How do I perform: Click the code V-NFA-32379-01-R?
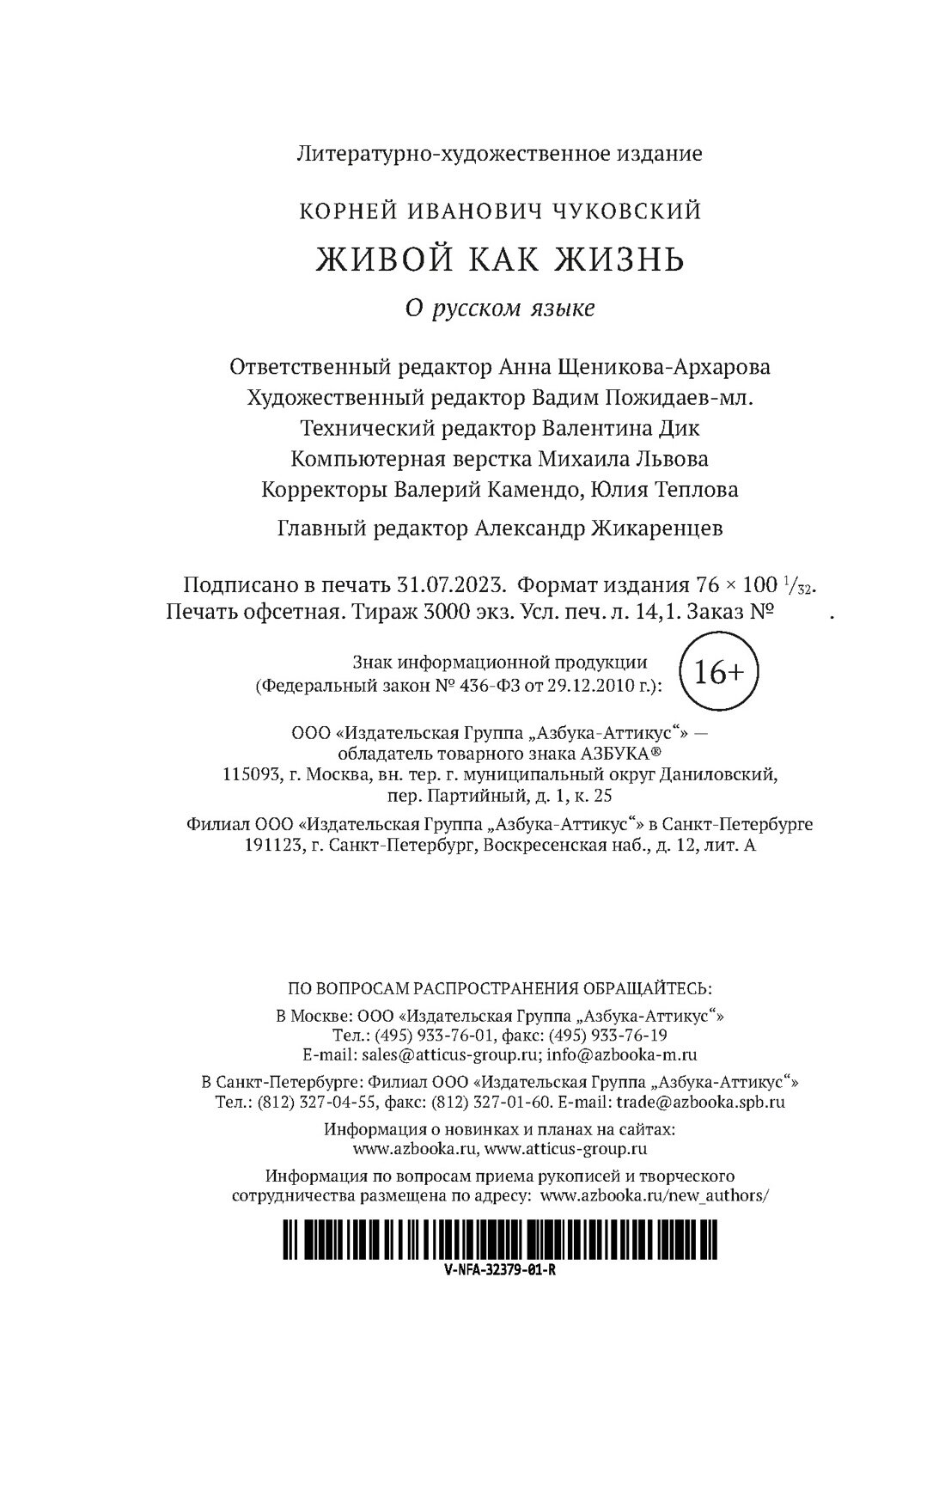pyautogui.click(x=506, y=1272)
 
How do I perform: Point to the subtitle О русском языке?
pyautogui.click(x=499, y=308)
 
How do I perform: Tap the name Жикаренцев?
pyautogui.click(x=657, y=529)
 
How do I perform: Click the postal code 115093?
pyautogui.click(x=249, y=775)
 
